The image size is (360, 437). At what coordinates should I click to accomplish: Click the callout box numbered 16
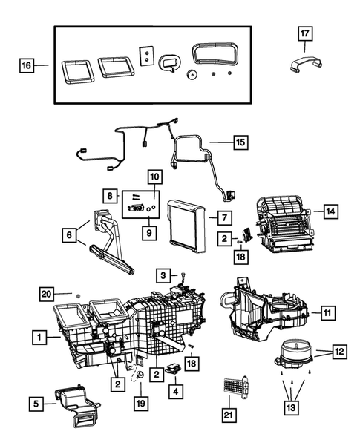[x=26, y=66]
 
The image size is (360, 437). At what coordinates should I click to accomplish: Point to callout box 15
[x=240, y=141]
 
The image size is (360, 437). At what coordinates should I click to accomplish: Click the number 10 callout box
[x=154, y=177]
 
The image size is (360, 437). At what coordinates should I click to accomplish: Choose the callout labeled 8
[x=111, y=196]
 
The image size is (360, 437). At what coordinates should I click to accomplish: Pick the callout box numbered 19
[x=140, y=405]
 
